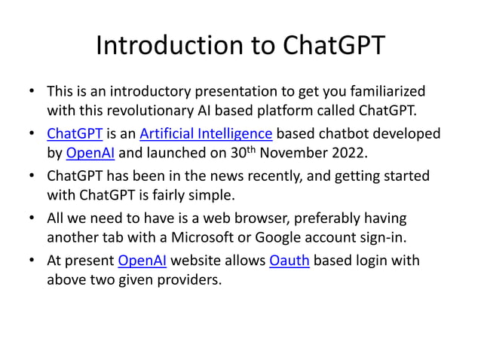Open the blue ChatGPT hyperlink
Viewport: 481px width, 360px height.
pyautogui.click(x=75, y=135)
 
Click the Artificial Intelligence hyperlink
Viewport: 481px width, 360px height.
pyautogui.click(x=205, y=135)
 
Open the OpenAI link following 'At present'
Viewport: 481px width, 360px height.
pyautogui.click(x=142, y=261)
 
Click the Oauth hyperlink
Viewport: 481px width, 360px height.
pyautogui.click(x=289, y=261)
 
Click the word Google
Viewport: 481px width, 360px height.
pyautogui.click(x=298, y=239)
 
